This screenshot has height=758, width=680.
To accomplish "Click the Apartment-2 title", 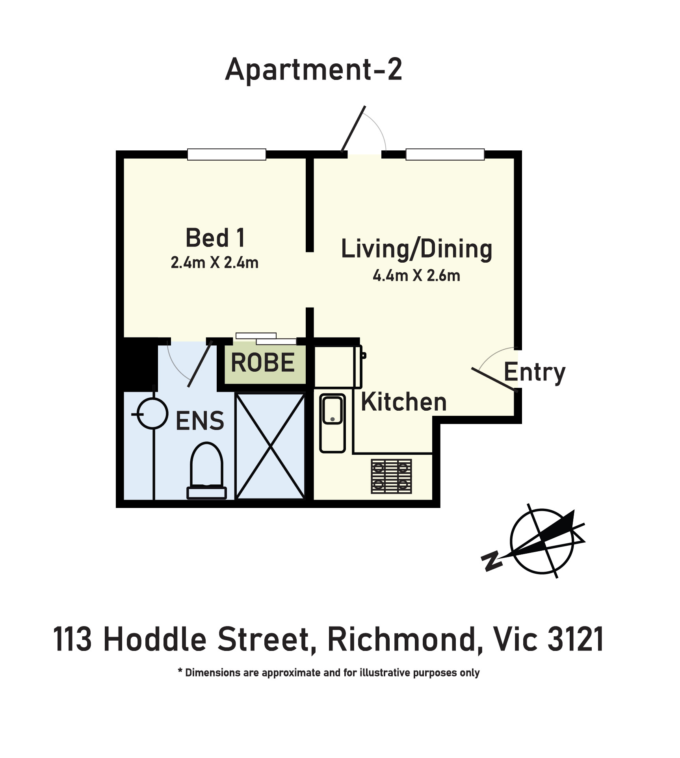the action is tap(314, 70).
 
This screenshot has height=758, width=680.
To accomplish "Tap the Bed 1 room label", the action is tap(215, 238).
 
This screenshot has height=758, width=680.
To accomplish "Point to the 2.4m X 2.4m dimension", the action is tap(215, 262).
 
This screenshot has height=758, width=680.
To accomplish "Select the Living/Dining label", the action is tap(416, 249).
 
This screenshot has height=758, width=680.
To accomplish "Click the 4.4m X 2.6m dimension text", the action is tap(416, 276).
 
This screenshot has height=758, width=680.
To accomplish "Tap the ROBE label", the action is tap(263, 363).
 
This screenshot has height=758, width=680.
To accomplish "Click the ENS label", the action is tap(200, 421).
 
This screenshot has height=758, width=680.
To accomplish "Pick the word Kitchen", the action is tap(404, 402).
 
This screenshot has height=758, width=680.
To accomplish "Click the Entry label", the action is tap(535, 372).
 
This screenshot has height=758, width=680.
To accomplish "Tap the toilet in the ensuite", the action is tap(206, 471).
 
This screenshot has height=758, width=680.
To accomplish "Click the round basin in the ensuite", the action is tap(152, 413).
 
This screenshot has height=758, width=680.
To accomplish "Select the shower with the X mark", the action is tap(270, 447).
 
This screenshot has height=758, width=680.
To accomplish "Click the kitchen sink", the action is tap(333, 423).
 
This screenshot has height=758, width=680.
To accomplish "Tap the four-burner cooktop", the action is tap(391, 476).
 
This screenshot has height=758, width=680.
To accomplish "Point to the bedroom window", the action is tap(227, 154).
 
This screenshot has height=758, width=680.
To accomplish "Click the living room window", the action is tap(445, 154).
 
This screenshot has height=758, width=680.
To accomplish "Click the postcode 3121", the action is tap(576, 639).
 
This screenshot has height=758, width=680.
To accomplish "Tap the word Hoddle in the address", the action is tap(155, 639).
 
